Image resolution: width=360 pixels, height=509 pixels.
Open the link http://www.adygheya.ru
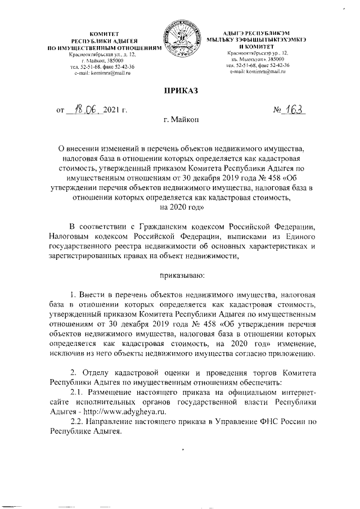coord(127,412)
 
